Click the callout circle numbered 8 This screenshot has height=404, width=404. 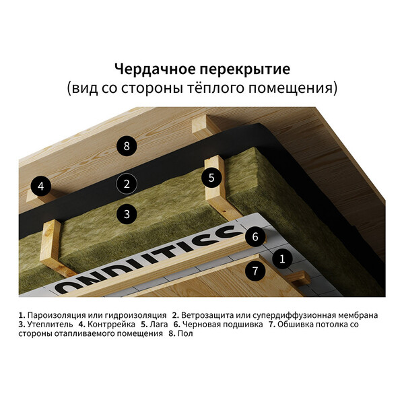127,146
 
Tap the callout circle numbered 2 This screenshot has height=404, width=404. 127,184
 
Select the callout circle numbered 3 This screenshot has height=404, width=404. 127,214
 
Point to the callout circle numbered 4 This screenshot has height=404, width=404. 41,186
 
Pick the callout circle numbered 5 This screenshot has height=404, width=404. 211,178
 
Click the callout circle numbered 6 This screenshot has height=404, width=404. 255,236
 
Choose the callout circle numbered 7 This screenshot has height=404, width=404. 255,271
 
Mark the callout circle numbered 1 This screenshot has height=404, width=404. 282,259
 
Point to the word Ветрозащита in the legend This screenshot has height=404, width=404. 207,315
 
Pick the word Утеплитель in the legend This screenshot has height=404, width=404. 50,325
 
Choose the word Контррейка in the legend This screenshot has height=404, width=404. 111,325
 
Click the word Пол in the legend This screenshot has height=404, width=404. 185,333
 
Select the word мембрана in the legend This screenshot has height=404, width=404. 358,315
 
